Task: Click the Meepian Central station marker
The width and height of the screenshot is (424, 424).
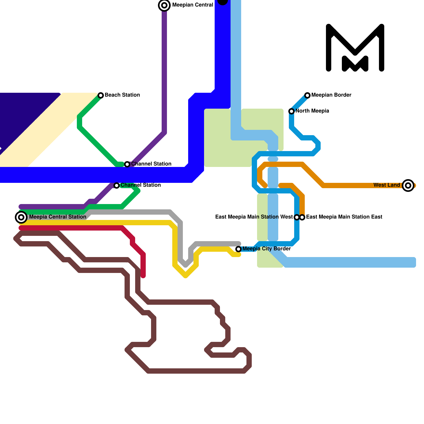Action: pos(164,5)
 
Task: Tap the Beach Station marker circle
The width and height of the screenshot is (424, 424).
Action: pos(101,95)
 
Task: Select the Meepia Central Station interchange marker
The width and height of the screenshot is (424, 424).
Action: pos(21,217)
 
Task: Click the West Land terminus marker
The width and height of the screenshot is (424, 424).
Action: pos(408,185)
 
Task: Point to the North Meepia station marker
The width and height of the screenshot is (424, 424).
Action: pos(291,111)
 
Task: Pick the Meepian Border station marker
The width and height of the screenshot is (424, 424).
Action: pos(307,95)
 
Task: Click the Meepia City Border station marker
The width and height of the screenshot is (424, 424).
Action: pos(238,249)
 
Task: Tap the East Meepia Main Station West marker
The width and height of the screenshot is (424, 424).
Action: pos(297,217)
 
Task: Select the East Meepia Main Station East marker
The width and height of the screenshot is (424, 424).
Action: pos(302,217)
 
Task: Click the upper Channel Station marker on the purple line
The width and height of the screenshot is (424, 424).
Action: pos(127,164)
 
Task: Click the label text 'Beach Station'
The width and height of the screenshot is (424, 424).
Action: pos(122,95)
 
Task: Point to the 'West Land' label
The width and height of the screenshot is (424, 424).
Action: pos(386,185)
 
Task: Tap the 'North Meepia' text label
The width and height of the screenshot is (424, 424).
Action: pos(312,111)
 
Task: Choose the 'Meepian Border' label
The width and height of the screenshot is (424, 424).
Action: pos(331,95)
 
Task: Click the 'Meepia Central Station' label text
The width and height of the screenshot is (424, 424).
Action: pos(58,217)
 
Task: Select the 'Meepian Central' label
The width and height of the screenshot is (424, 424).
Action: pos(193,5)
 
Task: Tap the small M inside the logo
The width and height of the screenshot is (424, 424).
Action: pos(355,64)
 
